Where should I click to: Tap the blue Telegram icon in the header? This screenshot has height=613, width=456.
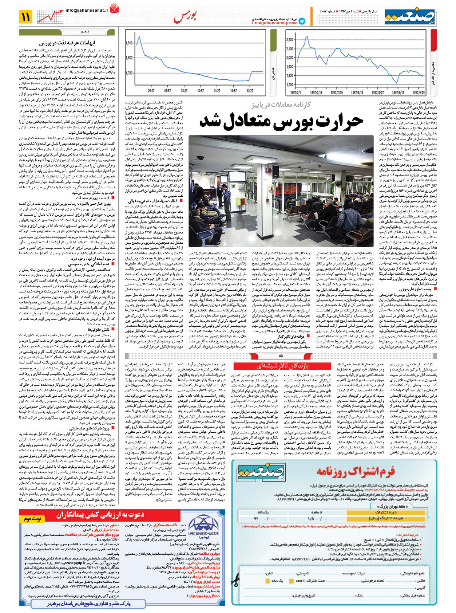tap(302, 21)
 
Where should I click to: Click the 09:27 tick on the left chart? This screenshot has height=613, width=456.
tap(151, 91)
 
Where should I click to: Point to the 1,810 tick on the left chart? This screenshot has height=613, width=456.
tap(129, 43)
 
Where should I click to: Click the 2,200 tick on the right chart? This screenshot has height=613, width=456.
tap(290, 40)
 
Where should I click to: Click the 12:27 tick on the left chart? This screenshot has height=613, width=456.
tap(250, 91)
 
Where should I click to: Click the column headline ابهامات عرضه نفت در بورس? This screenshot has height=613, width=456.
tap(67, 43)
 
